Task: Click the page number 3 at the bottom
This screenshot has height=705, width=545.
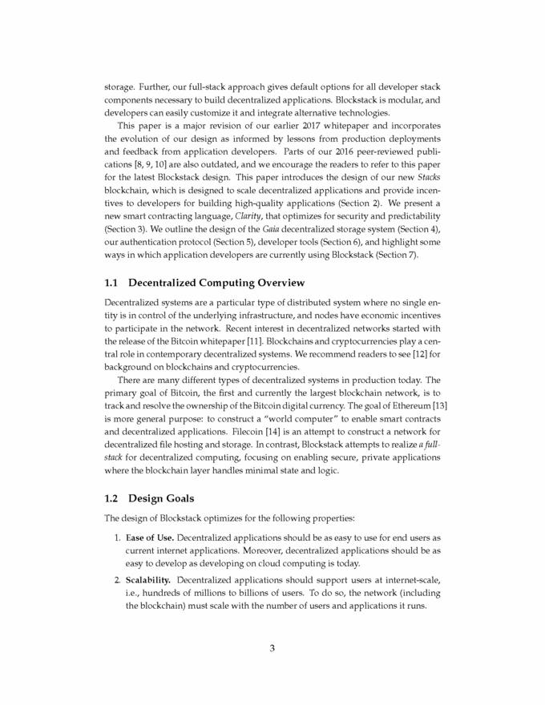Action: (272, 649)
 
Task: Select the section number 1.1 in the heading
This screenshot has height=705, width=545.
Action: (113, 283)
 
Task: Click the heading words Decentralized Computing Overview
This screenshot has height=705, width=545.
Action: (212, 283)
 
